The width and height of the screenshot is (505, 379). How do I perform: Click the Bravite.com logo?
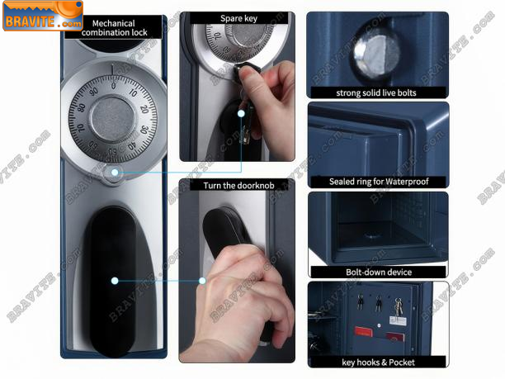point(43,17)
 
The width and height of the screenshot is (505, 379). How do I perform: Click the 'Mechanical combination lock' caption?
point(114,28)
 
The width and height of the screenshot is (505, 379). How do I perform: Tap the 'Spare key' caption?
point(238,18)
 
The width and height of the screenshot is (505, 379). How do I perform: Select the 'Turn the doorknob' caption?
point(238,185)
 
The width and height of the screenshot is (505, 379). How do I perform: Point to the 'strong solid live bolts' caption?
point(376,92)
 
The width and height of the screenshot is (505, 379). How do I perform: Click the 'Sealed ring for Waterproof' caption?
point(379,182)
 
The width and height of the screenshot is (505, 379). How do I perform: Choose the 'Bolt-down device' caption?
point(379,272)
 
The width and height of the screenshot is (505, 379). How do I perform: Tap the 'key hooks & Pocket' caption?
point(378,362)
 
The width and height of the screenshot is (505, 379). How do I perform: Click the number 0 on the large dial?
point(113,86)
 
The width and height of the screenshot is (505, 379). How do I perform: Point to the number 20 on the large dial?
point(144,109)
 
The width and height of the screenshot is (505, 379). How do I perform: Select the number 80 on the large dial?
point(83,107)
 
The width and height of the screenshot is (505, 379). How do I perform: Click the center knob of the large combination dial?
point(112,119)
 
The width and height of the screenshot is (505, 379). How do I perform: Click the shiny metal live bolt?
point(376,57)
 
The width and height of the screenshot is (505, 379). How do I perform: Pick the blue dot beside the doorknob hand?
point(202,281)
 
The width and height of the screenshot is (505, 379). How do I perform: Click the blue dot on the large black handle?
point(115,281)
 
